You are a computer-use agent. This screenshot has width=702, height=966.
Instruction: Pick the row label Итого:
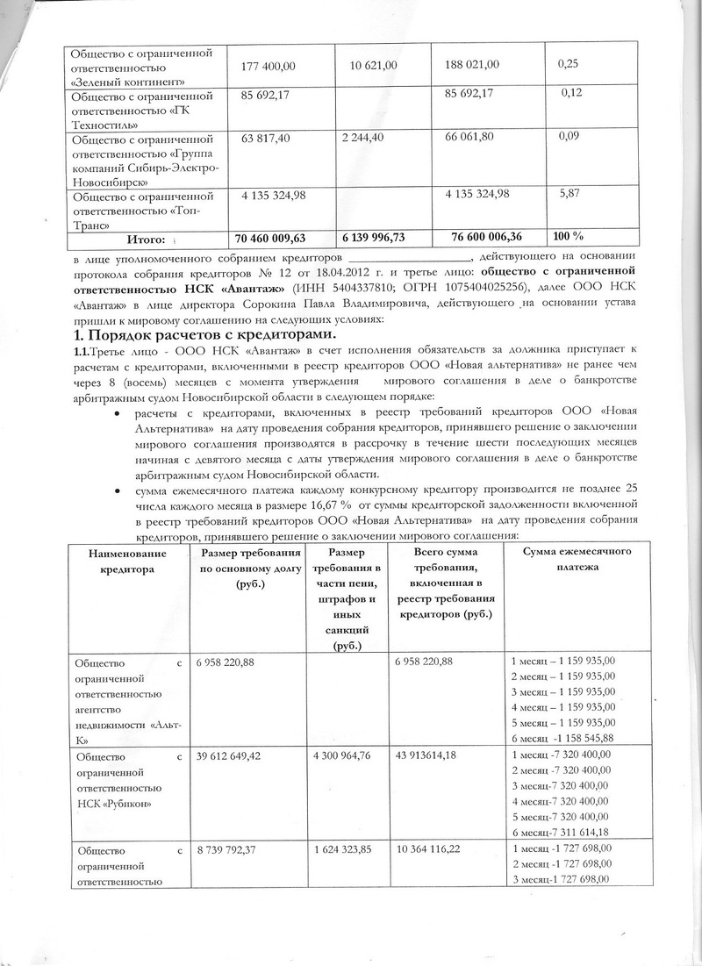pos(147,239)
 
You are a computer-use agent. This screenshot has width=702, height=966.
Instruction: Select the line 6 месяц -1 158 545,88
pos(562,738)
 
